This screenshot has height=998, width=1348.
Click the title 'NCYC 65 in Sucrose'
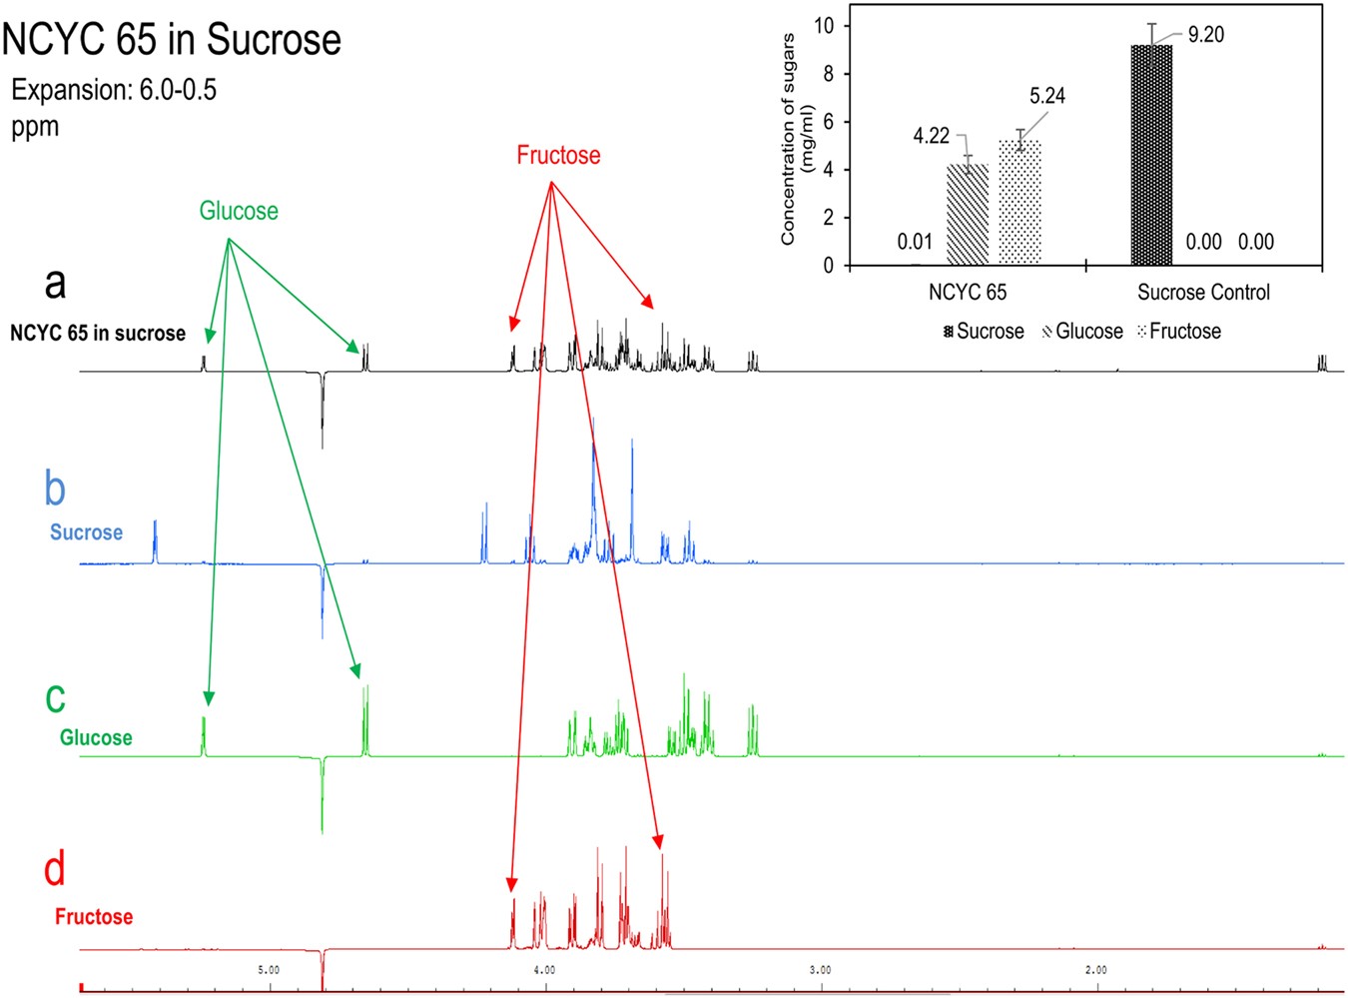pos(172,40)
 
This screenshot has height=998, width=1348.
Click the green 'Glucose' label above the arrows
pos(239,211)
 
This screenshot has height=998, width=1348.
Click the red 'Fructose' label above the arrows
pos(558,155)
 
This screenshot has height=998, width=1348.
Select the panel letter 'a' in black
pos(55,283)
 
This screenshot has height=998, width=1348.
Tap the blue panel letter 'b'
pos(55,489)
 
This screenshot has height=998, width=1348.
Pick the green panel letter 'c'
pos(55,697)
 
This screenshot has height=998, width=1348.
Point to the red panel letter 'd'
pos(55,868)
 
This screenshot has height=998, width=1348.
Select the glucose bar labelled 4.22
pos(968,215)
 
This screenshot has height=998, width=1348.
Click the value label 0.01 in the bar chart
pos(915,242)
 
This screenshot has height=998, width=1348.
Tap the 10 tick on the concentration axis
pos(825,26)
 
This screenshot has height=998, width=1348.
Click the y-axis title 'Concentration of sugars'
pos(788,139)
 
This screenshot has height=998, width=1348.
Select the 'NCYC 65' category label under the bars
pos(968,293)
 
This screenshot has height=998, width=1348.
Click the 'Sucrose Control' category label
pos(1203,293)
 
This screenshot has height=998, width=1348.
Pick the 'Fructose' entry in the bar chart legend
pos(1184,332)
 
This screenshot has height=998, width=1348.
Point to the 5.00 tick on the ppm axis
pos(269,970)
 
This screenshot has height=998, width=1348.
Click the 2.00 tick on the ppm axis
pos(1095,970)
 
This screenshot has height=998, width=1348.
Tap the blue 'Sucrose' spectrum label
pos(86,532)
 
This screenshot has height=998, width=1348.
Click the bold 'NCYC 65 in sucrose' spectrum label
pos(98,334)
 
